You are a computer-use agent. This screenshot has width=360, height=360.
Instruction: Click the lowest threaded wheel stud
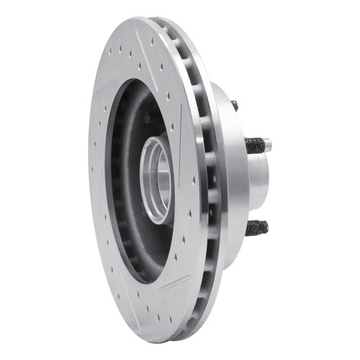(x=256, y=228)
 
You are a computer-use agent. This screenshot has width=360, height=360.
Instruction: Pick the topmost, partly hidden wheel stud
(x=235, y=105)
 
